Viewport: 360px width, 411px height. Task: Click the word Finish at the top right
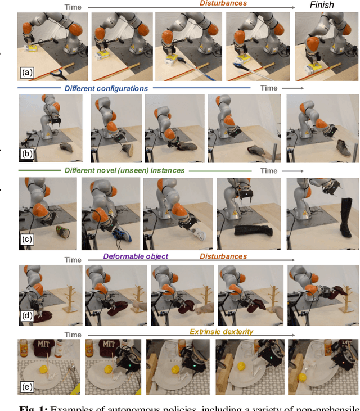pos(322,5)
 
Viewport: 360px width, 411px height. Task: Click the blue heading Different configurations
pos(106,88)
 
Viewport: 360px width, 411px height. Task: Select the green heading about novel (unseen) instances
pos(124,170)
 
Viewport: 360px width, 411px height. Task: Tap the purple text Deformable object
pos(136,256)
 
